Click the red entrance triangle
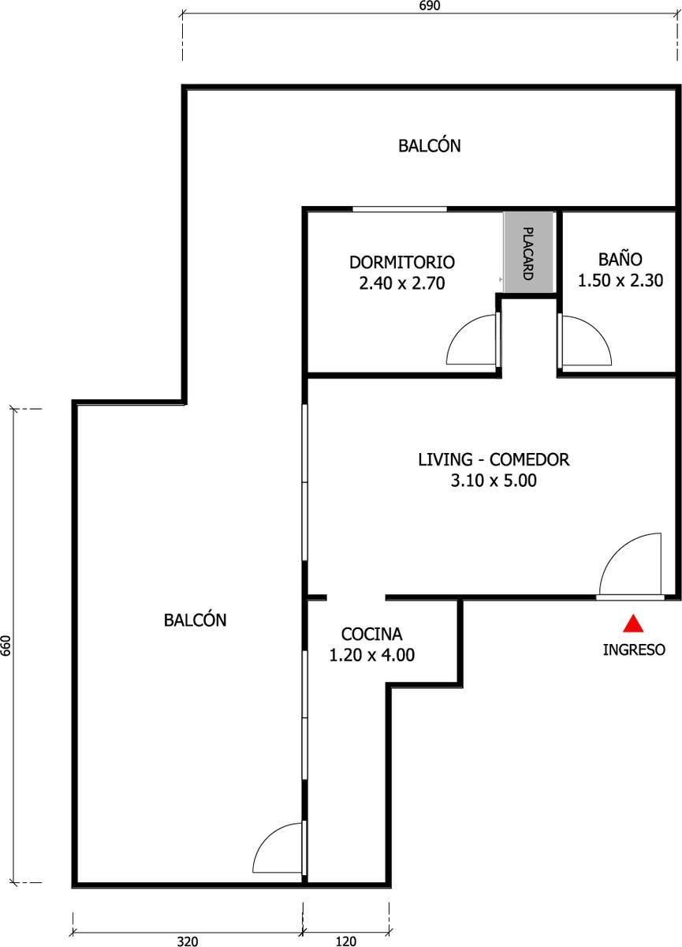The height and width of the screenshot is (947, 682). coord(633,623)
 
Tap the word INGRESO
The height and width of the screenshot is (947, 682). coord(634,649)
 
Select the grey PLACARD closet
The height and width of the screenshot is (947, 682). coord(528,252)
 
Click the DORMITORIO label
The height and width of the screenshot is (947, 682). coord(402,262)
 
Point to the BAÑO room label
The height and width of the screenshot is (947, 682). coord(621,259)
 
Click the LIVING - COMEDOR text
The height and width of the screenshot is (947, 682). coord(494,459)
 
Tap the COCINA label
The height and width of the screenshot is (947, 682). coord(371,634)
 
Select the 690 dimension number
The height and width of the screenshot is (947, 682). coord(430,6)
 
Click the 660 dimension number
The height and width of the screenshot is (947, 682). coord(6,646)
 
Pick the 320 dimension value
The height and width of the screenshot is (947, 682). coord(188,941)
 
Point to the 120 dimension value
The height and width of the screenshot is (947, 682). coord(346,941)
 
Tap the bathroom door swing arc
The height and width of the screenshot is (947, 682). coord(597,328)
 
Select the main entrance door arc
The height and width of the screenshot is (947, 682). coord(616,549)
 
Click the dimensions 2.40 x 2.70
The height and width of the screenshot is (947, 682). coord(402,283)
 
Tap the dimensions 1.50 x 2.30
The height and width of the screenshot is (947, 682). coord(621,280)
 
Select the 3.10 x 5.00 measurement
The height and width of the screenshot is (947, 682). coord(494,481)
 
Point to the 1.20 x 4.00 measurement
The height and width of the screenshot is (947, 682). coord(371,655)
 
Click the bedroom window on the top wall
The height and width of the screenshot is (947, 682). coord(400,209)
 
